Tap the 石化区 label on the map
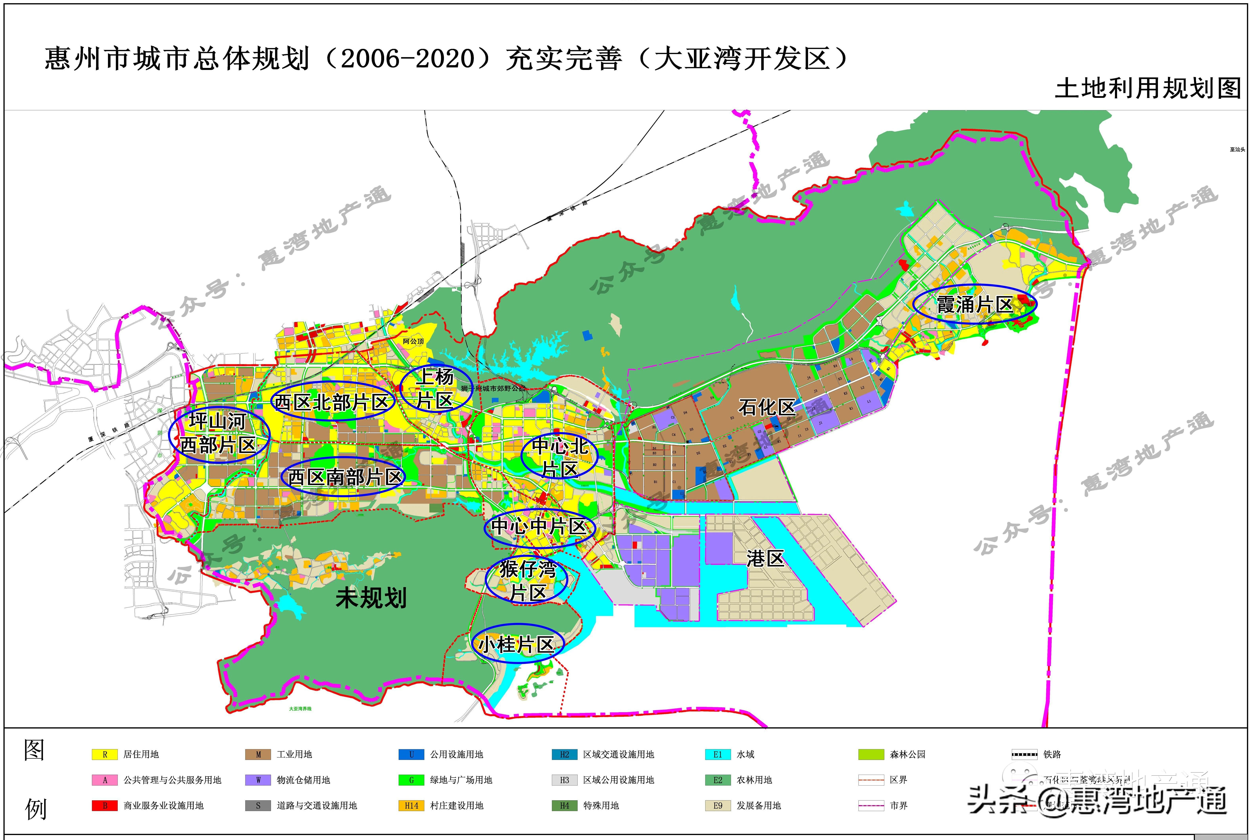766,407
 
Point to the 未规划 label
371,597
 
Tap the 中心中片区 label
539,526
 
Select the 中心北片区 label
559,457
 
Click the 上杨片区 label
436,388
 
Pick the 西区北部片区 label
332,402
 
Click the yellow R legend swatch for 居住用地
104,754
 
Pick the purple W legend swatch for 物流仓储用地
258,780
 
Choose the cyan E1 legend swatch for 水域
718,754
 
